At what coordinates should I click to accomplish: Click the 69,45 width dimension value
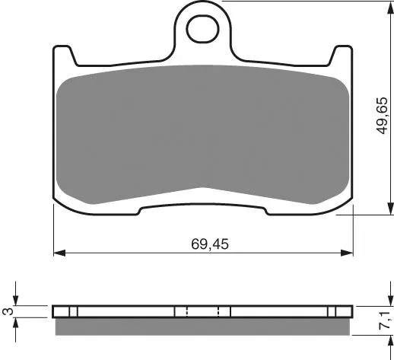[x=210, y=244]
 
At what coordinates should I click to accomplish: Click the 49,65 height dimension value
[x=382, y=116]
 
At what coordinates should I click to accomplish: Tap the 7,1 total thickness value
[x=383, y=321]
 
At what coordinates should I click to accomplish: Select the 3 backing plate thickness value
[x=9, y=311]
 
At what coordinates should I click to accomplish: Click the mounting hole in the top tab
[x=203, y=28]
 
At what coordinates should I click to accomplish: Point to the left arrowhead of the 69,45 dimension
[x=59, y=253]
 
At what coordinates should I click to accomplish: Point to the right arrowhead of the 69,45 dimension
[x=347, y=253]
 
